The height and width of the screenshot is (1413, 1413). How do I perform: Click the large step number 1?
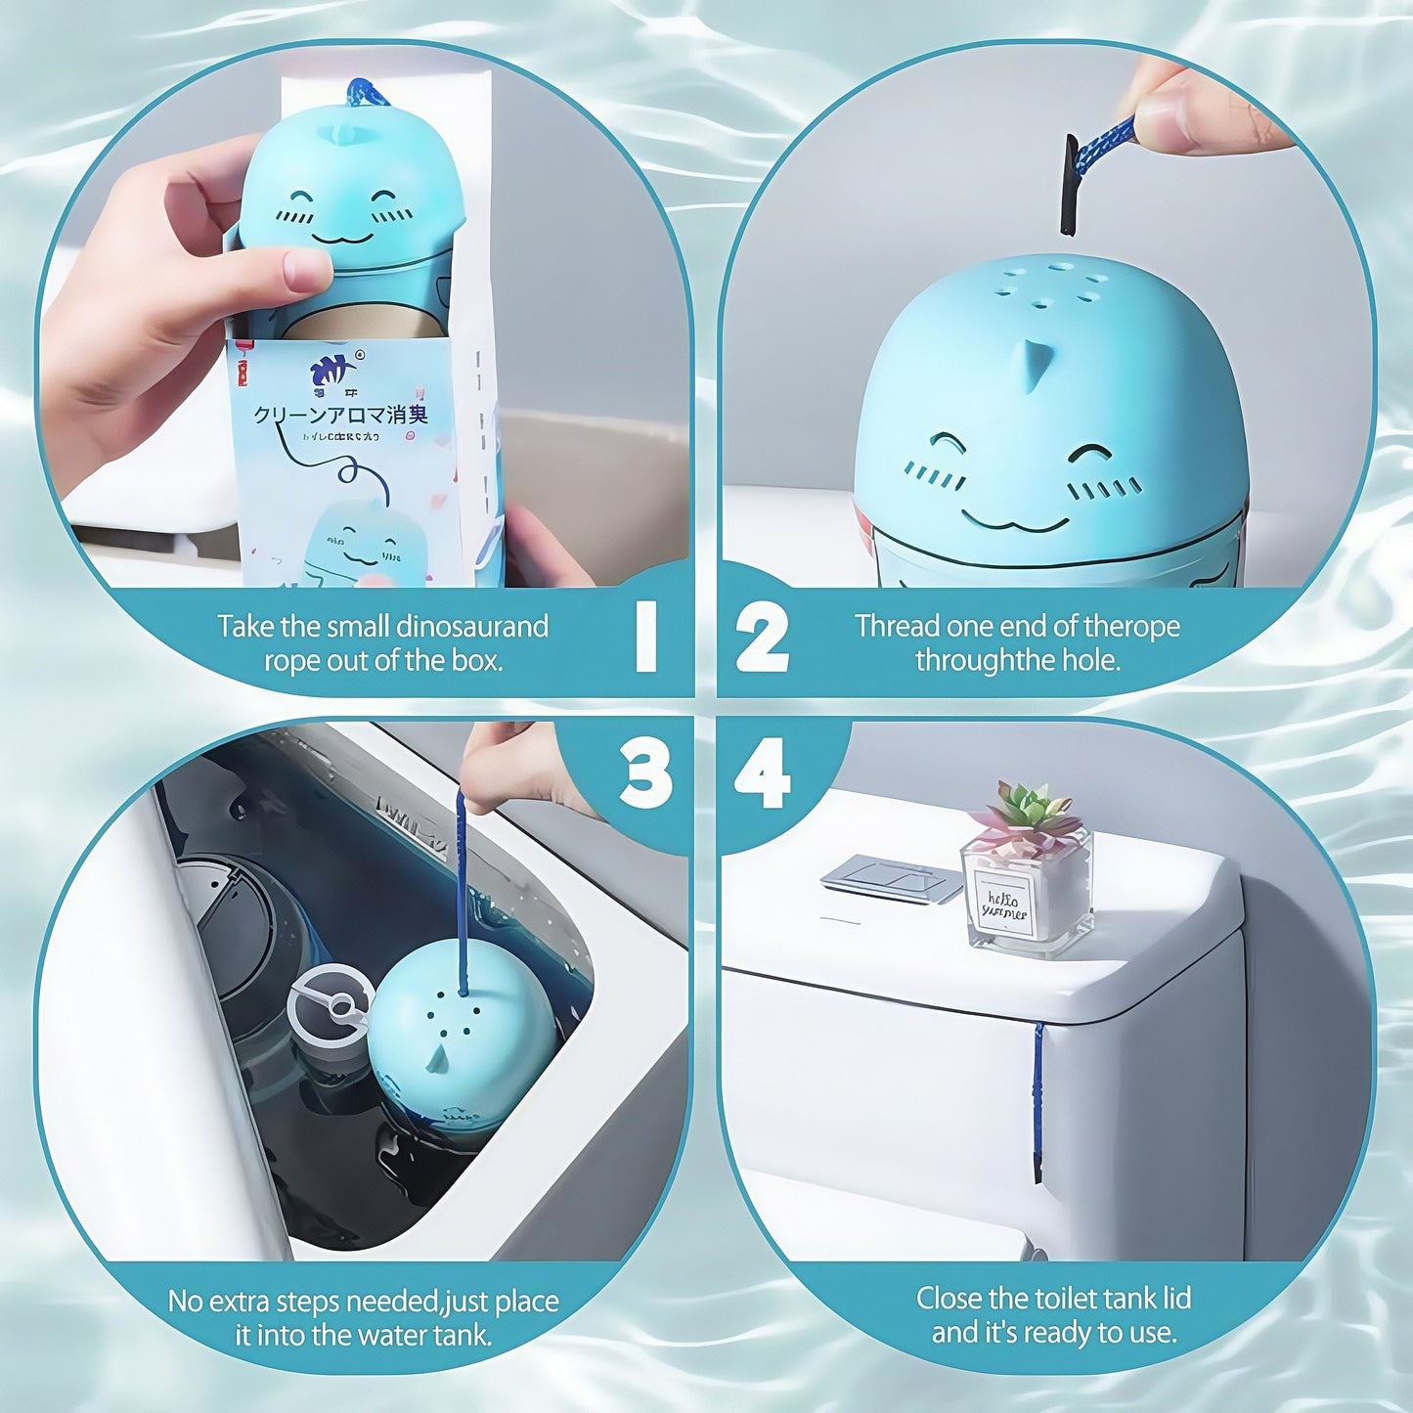(x=645, y=637)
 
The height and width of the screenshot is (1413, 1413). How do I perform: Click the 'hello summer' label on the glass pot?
(x=1004, y=905)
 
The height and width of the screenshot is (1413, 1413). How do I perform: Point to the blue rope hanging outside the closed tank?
(x=1038, y=1095)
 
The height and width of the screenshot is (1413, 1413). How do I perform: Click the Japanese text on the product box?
(x=340, y=415)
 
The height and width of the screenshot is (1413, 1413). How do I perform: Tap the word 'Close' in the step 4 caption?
(x=949, y=1299)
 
